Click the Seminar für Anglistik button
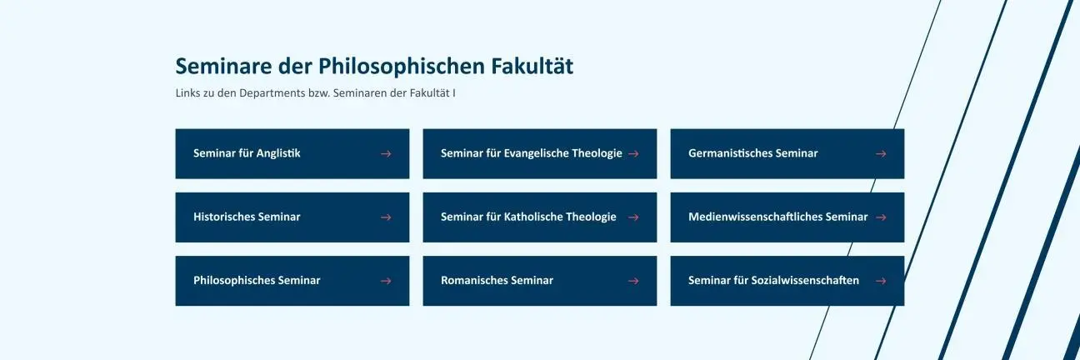[x=292, y=153]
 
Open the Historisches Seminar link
[x=292, y=217]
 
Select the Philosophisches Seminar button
[x=292, y=281]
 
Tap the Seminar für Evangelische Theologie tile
[x=539, y=153]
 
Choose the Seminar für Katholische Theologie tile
[x=539, y=217]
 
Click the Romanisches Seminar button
[x=539, y=281]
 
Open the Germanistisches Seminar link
[x=787, y=153]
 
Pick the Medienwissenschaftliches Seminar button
[x=787, y=217]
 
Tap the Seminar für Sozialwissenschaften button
[x=787, y=281]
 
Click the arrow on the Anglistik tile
[x=386, y=153]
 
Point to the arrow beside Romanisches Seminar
[x=633, y=281]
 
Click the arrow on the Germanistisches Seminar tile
[x=881, y=153]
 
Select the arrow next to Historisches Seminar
[x=386, y=217]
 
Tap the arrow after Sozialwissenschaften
[x=881, y=281]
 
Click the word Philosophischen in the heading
[x=402, y=67]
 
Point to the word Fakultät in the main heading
[x=532, y=66]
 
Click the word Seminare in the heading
[x=223, y=66]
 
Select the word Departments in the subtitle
[x=272, y=93]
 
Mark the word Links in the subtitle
[x=188, y=93]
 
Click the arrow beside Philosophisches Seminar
[x=386, y=281]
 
